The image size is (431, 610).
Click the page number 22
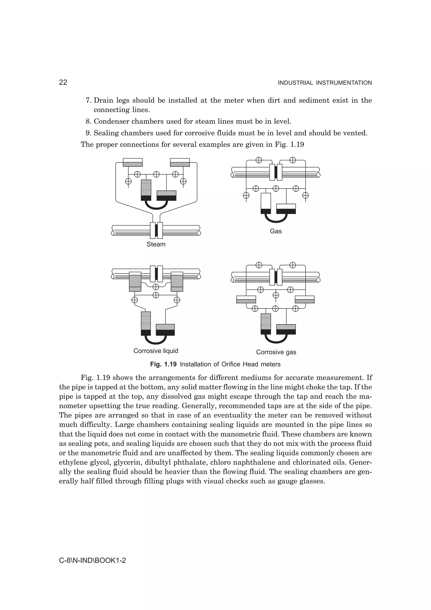63,82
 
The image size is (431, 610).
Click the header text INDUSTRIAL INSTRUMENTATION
325,83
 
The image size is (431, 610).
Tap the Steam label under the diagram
156,244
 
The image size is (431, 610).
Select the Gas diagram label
276,231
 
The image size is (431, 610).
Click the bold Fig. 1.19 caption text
163,364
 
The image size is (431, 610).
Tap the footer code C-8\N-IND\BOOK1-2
92,561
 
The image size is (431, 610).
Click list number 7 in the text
88,100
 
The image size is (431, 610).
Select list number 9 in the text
88,133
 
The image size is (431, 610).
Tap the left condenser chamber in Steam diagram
133,162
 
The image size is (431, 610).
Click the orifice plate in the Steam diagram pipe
156,230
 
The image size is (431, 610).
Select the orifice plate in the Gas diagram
276,172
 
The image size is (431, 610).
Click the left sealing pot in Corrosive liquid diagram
135,282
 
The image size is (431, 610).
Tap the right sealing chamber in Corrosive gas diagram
305,299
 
